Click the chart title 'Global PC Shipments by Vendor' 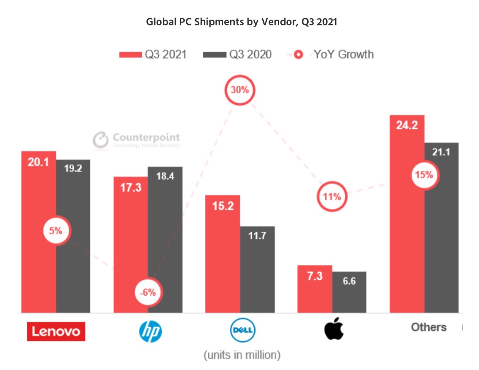point(241,22)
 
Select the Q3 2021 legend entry point(153,54)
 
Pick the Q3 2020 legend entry point(237,54)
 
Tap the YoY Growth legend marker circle point(298,55)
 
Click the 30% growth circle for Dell point(239,90)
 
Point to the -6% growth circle point(148,292)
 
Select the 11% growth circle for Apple point(332,197)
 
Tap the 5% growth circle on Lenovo point(56,231)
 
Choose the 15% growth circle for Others point(424,175)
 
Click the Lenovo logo point(56,331)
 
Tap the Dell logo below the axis point(242,330)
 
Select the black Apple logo point(334,328)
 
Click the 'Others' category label point(429,327)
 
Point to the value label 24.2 point(407,125)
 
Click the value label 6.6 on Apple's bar point(349,281)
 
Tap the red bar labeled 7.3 point(315,291)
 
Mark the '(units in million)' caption point(242,355)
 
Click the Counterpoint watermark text point(146,137)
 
